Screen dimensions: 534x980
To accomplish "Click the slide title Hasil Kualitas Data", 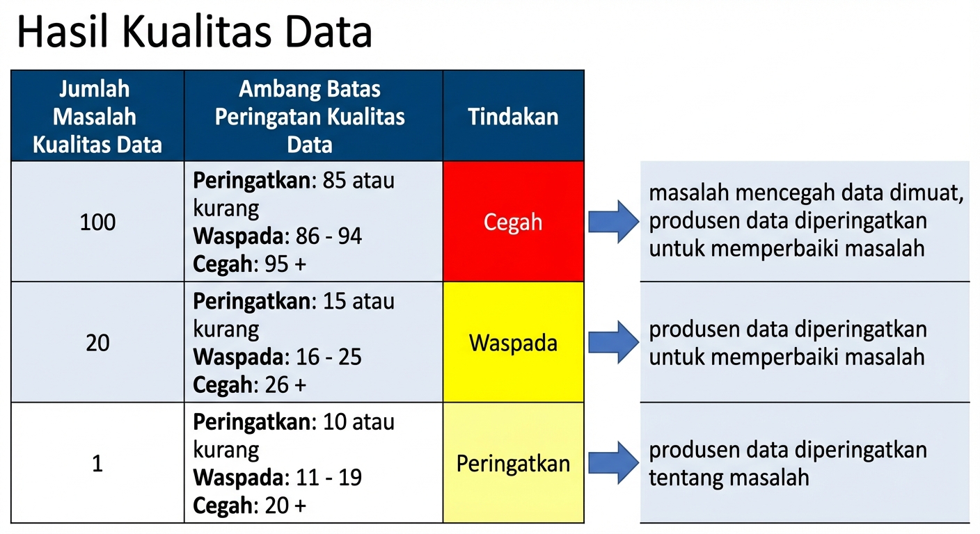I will (x=194, y=33).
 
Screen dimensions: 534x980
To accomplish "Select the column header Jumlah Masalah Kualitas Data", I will (x=97, y=117).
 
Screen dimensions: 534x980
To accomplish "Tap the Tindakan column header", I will (x=513, y=117).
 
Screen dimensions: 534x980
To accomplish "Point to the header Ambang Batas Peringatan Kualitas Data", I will (x=310, y=117).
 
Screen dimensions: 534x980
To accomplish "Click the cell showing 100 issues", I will (x=97, y=222).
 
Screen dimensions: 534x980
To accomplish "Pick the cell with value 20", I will (x=97, y=343).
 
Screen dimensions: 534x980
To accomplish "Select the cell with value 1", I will (x=97, y=464).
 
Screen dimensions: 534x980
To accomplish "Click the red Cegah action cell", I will (x=513, y=222).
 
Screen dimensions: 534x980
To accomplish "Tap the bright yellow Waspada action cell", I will (x=513, y=343).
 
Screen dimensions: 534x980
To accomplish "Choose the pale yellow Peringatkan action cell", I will (x=513, y=464).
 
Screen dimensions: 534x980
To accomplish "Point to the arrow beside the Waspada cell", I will (x=613, y=343).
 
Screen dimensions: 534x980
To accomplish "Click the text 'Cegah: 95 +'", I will (x=250, y=264).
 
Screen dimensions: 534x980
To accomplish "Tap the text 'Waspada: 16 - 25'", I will (x=277, y=357).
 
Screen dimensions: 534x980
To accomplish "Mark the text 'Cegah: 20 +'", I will (x=250, y=505).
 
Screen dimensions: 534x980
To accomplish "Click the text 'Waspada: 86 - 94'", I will (x=277, y=236).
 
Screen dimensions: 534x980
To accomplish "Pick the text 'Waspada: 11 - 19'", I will (x=277, y=478).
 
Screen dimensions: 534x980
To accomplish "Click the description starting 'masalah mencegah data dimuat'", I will (x=806, y=221).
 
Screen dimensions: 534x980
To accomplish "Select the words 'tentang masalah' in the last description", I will (x=729, y=478).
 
